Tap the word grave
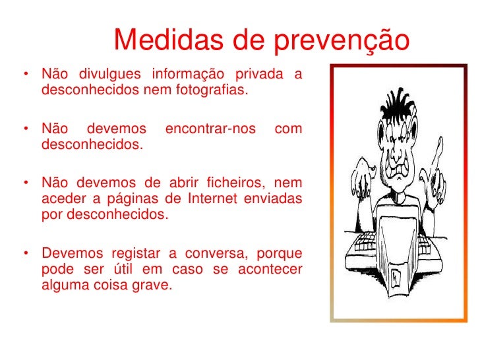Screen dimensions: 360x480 156,285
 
